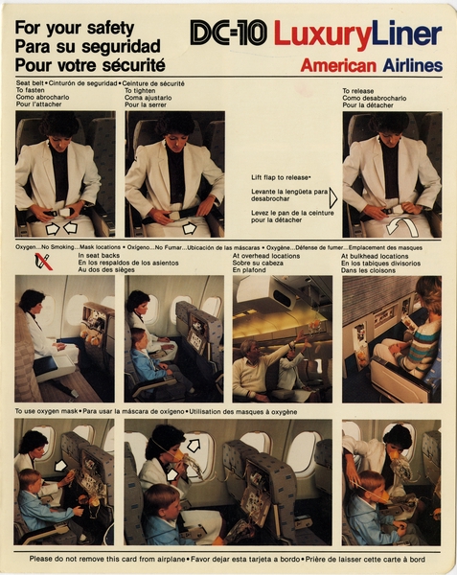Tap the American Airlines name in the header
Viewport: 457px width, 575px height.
371,65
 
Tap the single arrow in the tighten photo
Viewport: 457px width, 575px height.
189,228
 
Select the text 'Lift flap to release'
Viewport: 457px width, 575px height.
281,177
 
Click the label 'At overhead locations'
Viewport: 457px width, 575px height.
265,256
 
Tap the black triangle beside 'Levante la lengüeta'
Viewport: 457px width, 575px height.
332,198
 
